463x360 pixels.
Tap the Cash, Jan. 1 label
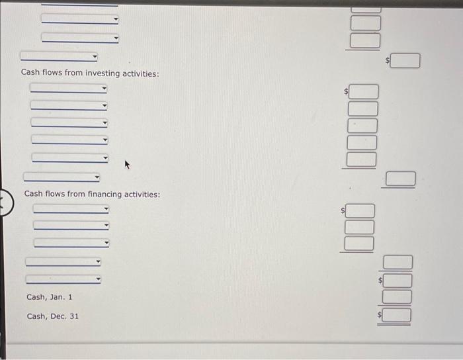49,297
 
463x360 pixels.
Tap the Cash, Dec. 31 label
52,316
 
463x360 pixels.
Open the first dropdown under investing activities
68,89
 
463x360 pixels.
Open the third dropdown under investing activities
69,122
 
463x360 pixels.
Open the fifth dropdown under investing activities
69,157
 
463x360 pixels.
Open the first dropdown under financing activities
71,209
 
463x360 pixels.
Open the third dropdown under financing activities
71,243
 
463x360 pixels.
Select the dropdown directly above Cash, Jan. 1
63,280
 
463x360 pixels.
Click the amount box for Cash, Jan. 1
398,297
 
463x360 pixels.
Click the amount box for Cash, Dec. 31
398,314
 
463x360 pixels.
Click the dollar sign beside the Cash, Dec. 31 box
380,316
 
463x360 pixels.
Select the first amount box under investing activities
363,91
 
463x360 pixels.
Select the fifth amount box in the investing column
362,159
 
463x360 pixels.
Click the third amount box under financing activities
359,244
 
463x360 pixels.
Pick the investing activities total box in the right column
401,179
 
